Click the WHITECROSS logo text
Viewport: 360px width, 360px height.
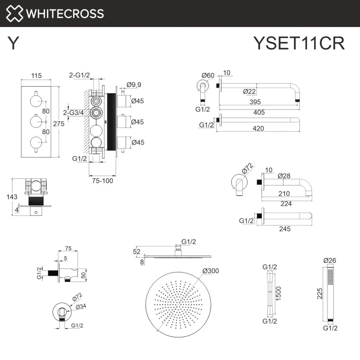65,14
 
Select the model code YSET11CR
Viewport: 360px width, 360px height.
299,44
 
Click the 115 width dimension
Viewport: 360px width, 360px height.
37,76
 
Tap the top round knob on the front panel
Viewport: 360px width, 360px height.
36,101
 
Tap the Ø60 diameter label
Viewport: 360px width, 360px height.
208,75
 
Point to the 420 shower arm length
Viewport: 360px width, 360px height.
258,129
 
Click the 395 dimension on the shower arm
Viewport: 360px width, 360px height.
255,102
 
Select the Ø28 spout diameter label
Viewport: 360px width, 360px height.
284,176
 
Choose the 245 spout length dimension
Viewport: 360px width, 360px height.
285,229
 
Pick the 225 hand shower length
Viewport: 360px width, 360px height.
320,294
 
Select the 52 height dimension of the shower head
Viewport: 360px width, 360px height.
137,251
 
